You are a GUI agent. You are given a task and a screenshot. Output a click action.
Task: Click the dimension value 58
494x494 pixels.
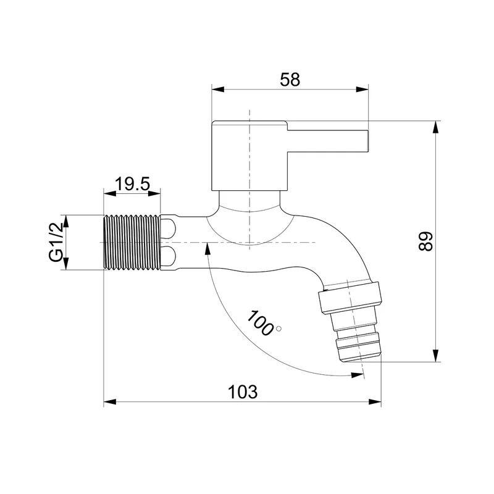[x=290, y=80]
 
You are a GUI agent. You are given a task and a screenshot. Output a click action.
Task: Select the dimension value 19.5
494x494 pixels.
[x=132, y=183]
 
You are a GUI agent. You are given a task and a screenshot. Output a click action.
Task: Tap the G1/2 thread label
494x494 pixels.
[x=56, y=243]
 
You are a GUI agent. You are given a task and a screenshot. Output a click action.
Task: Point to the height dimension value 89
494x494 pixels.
[x=425, y=241]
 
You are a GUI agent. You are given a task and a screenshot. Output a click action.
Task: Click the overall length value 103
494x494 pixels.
[x=242, y=392]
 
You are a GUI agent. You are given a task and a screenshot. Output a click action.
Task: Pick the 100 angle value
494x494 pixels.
[x=259, y=323]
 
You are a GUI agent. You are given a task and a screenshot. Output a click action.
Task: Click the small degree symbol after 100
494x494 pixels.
[x=278, y=329]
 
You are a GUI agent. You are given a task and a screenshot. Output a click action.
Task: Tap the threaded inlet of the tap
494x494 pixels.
[x=132, y=242]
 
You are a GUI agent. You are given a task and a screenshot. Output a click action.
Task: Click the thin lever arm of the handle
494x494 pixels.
[x=328, y=141]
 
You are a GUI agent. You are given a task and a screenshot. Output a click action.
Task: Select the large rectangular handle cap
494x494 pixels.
[x=249, y=156]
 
